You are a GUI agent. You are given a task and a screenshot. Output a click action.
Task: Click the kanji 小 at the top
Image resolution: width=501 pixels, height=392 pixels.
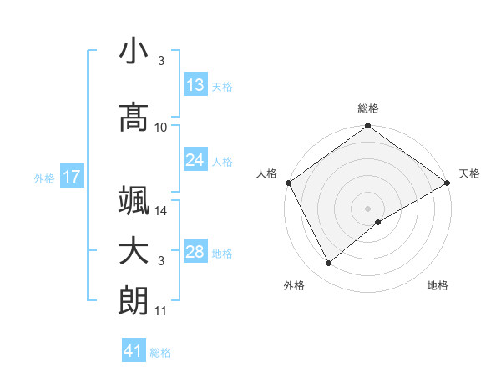click(134, 52)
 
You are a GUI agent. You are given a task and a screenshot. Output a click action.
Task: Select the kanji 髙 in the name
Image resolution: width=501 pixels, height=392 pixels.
click(134, 117)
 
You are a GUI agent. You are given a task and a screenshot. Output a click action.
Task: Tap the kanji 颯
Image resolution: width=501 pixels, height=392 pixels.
click(134, 200)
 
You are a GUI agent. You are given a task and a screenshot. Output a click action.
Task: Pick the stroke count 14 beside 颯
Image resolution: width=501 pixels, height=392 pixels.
click(161, 211)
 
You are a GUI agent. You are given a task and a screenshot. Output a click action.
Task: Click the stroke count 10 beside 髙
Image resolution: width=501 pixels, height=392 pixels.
click(161, 128)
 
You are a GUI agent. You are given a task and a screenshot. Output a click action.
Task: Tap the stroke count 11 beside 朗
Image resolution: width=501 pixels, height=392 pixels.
click(161, 311)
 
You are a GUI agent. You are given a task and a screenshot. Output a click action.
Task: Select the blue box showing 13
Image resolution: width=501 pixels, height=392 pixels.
click(195, 85)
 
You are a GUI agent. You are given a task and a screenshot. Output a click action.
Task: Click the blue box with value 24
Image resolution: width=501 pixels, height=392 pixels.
click(195, 160)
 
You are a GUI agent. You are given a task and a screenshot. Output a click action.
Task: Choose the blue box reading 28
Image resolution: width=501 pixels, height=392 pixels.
click(195, 252)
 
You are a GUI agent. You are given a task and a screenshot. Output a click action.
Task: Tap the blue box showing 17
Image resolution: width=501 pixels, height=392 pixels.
click(71, 177)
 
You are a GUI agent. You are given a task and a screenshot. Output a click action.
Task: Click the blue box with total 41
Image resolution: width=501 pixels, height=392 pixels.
click(134, 352)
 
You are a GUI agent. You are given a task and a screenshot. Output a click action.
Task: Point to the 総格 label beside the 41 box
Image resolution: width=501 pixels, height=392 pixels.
click(161, 353)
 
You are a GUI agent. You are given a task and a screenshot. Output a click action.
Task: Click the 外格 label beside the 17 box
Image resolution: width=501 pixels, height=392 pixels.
click(44, 178)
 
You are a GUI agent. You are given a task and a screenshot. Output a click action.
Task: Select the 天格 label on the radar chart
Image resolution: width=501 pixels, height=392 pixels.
click(469, 173)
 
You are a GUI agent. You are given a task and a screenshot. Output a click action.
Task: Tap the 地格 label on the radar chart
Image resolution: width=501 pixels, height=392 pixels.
click(438, 285)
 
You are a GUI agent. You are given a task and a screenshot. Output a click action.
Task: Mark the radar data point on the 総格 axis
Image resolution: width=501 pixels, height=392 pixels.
click(367, 127)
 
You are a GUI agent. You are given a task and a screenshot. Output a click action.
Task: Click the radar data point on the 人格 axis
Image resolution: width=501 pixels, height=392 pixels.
click(288, 182)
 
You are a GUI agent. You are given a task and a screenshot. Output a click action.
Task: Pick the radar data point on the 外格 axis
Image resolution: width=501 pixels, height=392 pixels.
click(328, 264)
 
